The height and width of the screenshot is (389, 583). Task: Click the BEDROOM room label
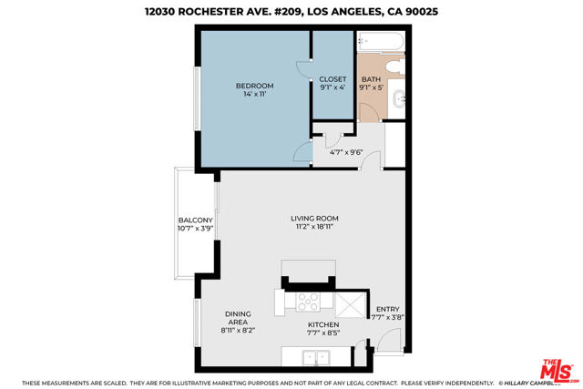tap(255, 86)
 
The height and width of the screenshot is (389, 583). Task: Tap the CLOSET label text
tap(332, 79)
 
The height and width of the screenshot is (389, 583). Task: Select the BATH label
tap(371, 79)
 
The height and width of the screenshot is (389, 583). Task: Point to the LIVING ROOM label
tap(314, 219)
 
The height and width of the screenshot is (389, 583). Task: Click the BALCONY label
tap(195, 220)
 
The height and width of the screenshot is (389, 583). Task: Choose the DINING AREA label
tap(238, 318)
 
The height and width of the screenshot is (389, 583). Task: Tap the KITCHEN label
tap(323, 324)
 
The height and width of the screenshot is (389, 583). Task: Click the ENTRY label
tap(388, 309)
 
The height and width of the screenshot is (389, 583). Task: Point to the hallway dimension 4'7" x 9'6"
tap(346, 152)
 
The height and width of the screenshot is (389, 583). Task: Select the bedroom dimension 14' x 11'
tap(255, 94)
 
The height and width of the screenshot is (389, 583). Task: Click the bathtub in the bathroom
tap(381, 42)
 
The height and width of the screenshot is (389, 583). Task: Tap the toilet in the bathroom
tap(395, 67)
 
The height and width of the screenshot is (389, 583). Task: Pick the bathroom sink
tap(399, 99)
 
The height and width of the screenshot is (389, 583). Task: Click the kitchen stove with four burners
tap(308, 302)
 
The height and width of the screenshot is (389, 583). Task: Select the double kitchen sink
tap(316, 358)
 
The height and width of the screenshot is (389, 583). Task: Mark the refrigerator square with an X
tap(351, 304)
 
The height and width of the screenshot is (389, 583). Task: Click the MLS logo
tap(558, 371)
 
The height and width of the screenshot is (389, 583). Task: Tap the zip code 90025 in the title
tap(421, 12)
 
